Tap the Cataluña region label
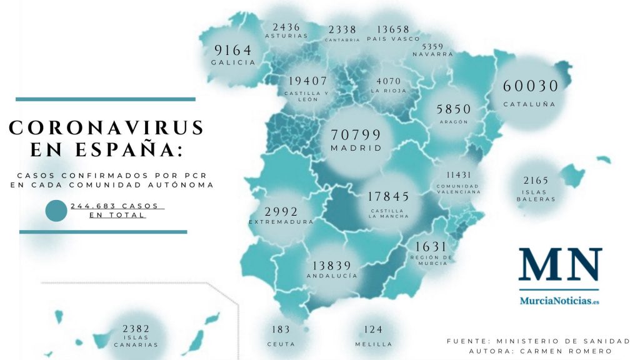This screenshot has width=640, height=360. click(x=529, y=104)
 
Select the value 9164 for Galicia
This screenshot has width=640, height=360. click(x=233, y=50)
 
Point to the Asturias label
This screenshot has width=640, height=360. click(x=286, y=36)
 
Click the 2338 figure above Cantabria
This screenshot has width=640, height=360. click(x=342, y=29)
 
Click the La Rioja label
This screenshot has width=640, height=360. click(x=388, y=91)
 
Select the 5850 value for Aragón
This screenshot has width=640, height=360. click(x=454, y=108)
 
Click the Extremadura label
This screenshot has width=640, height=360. click(x=281, y=222)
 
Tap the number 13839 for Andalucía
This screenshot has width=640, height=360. click(x=332, y=265)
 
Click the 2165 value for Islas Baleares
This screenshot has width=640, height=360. click(x=536, y=181)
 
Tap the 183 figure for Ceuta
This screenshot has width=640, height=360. click(x=281, y=329)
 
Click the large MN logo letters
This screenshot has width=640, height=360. click(x=560, y=266)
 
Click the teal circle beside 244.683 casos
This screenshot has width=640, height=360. click(x=56, y=211)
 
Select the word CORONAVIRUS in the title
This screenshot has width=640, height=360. click(x=106, y=127)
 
